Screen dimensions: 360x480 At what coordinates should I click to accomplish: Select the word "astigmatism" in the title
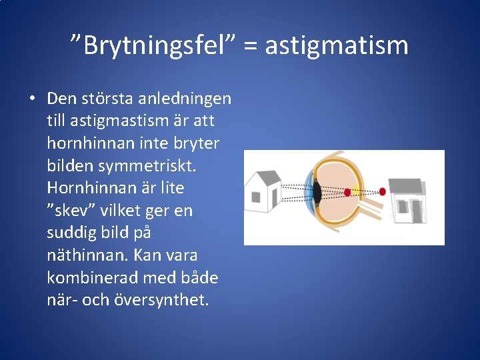[337, 45]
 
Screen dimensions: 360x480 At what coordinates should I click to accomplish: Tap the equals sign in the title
[250, 46]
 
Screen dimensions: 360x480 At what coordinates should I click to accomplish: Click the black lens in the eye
[318, 193]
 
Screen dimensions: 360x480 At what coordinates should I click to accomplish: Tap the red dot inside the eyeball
[347, 192]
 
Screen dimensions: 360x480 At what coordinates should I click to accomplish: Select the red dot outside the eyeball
[382, 192]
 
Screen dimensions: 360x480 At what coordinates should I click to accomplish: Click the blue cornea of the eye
[308, 193]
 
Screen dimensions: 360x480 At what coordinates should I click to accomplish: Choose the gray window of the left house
[256, 197]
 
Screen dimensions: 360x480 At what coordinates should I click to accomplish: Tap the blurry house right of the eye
[407, 200]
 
